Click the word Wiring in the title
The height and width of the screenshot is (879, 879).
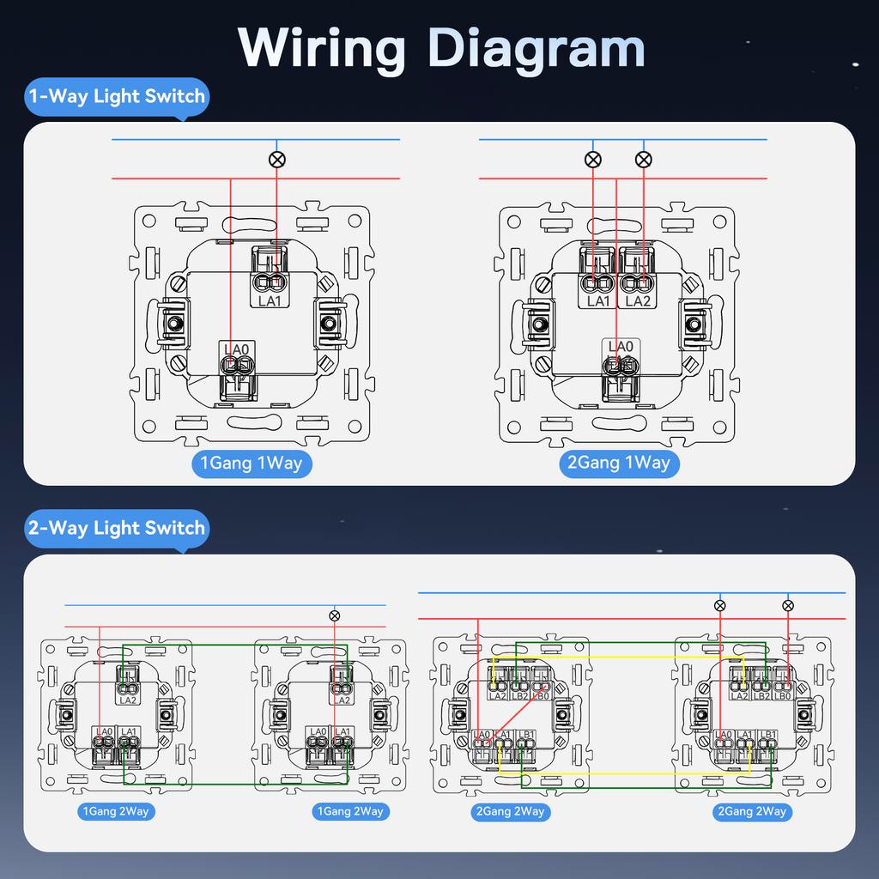[x=321, y=48]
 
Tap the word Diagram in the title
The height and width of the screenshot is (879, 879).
[x=536, y=48]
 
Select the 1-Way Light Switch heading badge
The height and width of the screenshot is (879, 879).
[x=117, y=96]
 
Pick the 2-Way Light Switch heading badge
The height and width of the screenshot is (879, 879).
[x=117, y=527]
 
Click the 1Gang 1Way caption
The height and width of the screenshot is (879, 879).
[x=251, y=464]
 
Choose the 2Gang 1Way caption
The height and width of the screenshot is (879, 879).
[x=618, y=464]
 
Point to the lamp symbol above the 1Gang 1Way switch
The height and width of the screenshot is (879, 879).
[x=276, y=159]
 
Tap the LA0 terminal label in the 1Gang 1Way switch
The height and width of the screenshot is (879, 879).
[x=236, y=349]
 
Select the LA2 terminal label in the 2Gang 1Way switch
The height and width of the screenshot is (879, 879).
[x=638, y=301]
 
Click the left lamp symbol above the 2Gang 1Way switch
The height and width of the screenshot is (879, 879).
[x=592, y=159]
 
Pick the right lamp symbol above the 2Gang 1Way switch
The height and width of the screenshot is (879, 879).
[x=643, y=159]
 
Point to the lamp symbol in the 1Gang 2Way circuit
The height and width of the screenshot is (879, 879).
[x=335, y=615]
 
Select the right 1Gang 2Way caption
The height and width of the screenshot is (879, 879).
[x=350, y=811]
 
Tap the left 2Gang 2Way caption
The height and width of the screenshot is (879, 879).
[x=510, y=811]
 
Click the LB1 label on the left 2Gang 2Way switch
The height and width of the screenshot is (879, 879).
[x=526, y=735]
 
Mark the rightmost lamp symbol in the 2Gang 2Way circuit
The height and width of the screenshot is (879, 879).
[x=788, y=605]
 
